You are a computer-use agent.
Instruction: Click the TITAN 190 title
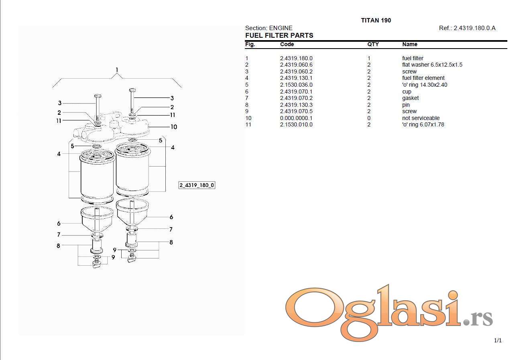376,20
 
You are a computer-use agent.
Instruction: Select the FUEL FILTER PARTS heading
279,35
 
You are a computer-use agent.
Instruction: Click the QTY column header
373,44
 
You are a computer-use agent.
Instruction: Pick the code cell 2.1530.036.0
296,85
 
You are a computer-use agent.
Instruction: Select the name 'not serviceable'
421,118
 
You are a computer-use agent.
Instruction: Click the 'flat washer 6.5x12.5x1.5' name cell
432,65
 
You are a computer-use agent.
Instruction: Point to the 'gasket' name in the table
410,98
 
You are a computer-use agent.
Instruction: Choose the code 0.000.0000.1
296,118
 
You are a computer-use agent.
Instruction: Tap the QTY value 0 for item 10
368,118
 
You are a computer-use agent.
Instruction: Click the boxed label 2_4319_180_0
197,185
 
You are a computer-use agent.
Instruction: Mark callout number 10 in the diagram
174,127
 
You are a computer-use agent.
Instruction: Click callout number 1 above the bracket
117,69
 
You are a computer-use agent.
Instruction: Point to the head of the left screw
98,96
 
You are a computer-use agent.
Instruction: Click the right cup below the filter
132,212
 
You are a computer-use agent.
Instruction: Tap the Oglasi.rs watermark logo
389,313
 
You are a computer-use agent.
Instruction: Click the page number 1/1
498,340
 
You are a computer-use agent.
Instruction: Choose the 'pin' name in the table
406,105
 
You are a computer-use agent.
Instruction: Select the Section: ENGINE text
269,28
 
